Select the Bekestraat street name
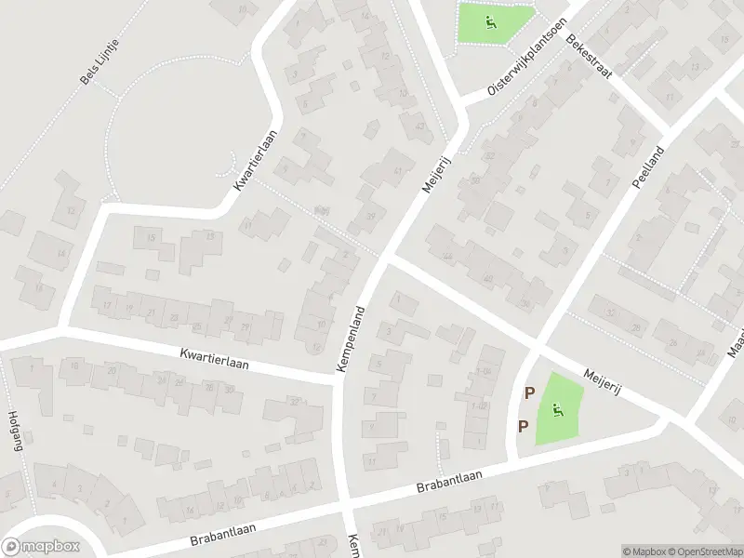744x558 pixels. pos(587,58)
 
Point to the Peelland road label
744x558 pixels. pos(647,167)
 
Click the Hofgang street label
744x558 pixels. pos(14,431)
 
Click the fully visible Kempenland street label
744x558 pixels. pos(354,336)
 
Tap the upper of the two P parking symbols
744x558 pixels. pos(529,393)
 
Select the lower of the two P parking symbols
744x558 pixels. pos(523,426)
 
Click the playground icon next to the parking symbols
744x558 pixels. pos(557,409)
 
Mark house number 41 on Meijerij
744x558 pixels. pos(399,169)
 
